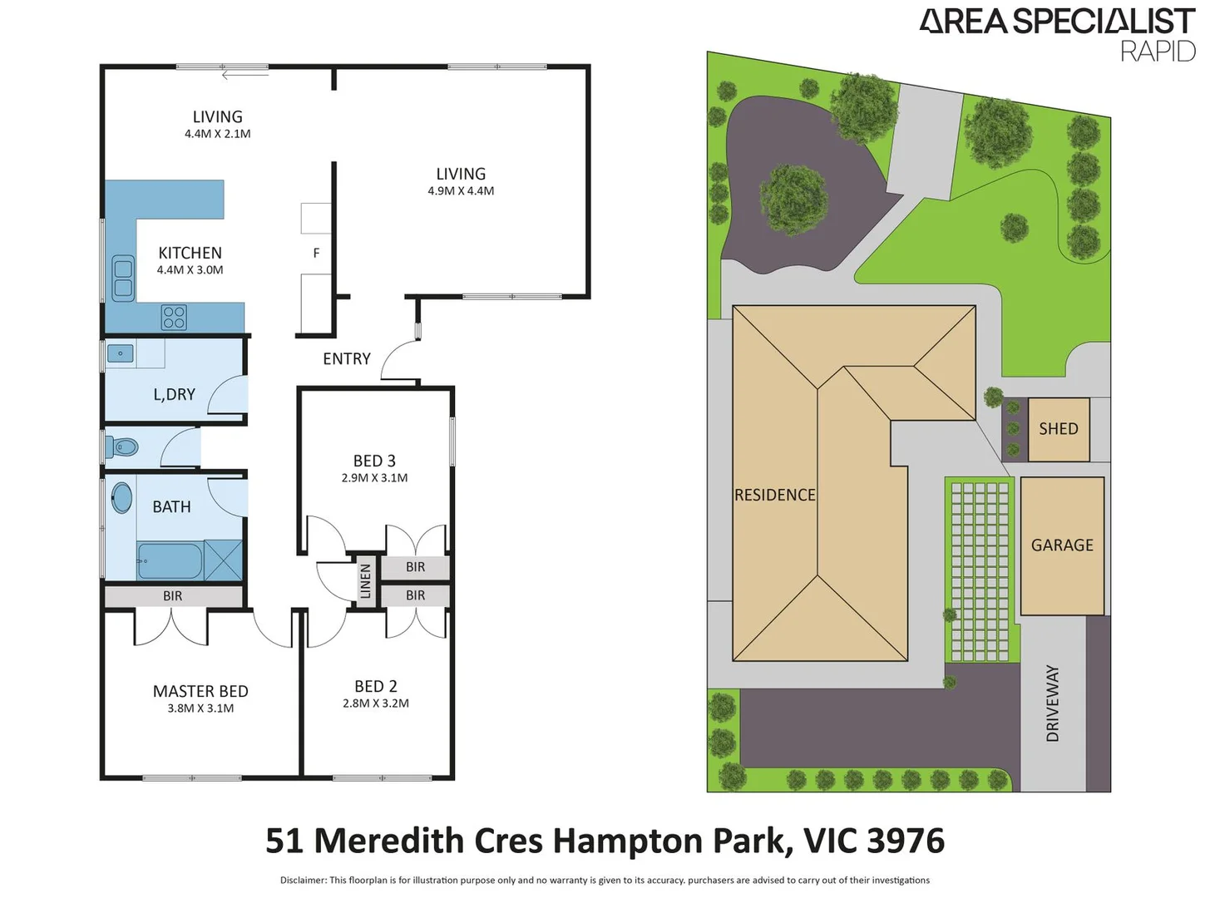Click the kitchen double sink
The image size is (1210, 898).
pyautogui.click(x=123, y=279)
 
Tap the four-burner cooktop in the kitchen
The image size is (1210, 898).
pyautogui.click(x=174, y=318)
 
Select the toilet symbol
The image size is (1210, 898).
pyautogui.click(x=122, y=447)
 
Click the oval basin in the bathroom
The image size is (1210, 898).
pyautogui.click(x=122, y=499)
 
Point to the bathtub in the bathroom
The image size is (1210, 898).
pyautogui.click(x=170, y=561)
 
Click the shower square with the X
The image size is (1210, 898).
pyautogui.click(x=223, y=560)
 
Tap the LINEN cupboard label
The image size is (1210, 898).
pyautogui.click(x=365, y=581)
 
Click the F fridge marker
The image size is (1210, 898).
pyautogui.click(x=316, y=253)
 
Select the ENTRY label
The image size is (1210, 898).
pyautogui.click(x=347, y=359)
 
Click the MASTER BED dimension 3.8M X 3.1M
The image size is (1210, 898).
pyautogui.click(x=200, y=708)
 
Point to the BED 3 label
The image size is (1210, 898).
pyautogui.click(x=374, y=461)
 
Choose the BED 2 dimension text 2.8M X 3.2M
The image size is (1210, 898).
pyautogui.click(x=376, y=703)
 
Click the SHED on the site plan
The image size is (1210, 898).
pyautogui.click(x=1058, y=429)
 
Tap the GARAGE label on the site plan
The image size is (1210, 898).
pyautogui.click(x=1062, y=545)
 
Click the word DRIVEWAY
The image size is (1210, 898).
pyautogui.click(x=1053, y=703)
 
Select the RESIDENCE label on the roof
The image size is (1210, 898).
pyautogui.click(x=774, y=496)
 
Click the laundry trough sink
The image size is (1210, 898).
pyautogui.click(x=121, y=354)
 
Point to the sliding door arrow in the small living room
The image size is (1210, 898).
pyautogui.click(x=244, y=75)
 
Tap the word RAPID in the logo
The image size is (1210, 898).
pyautogui.click(x=1158, y=52)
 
